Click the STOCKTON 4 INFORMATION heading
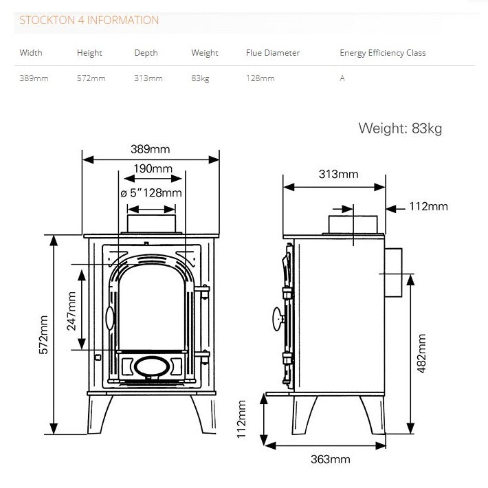click(x=89, y=20)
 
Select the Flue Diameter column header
click(x=272, y=53)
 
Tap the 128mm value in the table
click(x=260, y=78)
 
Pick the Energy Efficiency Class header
click(x=382, y=53)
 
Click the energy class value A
click(x=342, y=78)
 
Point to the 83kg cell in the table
click(x=200, y=78)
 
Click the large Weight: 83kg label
click(x=400, y=128)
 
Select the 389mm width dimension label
click(x=150, y=149)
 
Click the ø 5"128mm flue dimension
click(x=151, y=193)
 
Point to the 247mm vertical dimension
click(x=71, y=311)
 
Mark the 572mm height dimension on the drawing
click(x=43, y=335)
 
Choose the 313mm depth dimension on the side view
click(x=338, y=174)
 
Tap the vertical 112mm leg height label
click(x=241, y=419)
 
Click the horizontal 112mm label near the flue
click(x=428, y=206)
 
